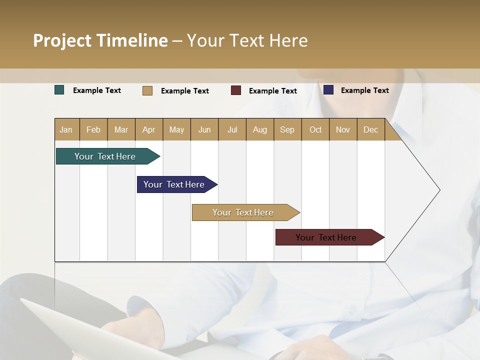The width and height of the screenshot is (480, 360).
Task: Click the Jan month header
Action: (x=66, y=129)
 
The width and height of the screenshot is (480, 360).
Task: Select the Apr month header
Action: (x=148, y=129)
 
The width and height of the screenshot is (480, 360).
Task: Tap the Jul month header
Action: (x=232, y=129)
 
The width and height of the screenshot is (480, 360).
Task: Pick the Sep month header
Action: (x=287, y=129)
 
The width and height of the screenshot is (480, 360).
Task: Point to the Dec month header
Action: (x=370, y=129)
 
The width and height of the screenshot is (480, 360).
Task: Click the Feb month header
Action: (x=93, y=129)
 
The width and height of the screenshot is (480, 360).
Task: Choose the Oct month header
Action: (x=315, y=129)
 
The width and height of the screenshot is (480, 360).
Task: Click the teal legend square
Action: (x=59, y=90)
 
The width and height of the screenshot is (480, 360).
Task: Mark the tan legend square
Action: (x=147, y=90)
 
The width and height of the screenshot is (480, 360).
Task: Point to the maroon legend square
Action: (x=236, y=90)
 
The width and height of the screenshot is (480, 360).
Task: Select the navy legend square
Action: (x=328, y=90)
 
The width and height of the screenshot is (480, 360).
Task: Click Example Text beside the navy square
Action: (x=364, y=90)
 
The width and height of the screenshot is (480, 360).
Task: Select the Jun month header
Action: (x=204, y=129)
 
